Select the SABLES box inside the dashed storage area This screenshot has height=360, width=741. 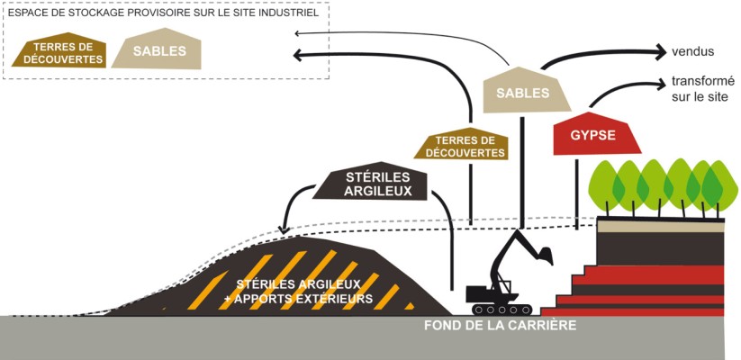(159, 51)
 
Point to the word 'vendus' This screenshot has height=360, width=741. (693, 50)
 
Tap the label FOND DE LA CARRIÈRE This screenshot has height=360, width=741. (500, 326)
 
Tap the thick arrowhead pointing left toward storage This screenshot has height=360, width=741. (303, 55)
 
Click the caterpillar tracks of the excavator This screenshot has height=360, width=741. (492, 294)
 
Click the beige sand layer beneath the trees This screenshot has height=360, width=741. (662, 225)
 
